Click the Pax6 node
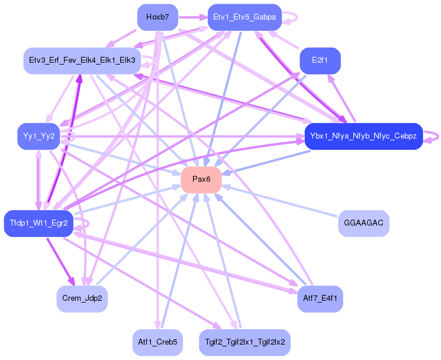point(201,179)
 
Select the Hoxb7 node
point(157,17)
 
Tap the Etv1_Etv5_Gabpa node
point(244,17)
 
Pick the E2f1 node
point(320,60)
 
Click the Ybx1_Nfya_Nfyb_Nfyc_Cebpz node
point(363,136)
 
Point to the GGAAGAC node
point(363,223)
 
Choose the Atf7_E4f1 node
point(320,298)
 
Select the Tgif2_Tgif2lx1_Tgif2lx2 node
point(244,342)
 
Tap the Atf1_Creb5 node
point(157,342)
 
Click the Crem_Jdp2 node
point(82,298)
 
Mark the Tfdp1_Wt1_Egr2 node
point(38,223)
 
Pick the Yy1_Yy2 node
point(38,136)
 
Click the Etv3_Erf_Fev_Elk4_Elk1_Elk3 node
point(82,60)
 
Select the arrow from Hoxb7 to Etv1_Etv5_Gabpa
point(193,17)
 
